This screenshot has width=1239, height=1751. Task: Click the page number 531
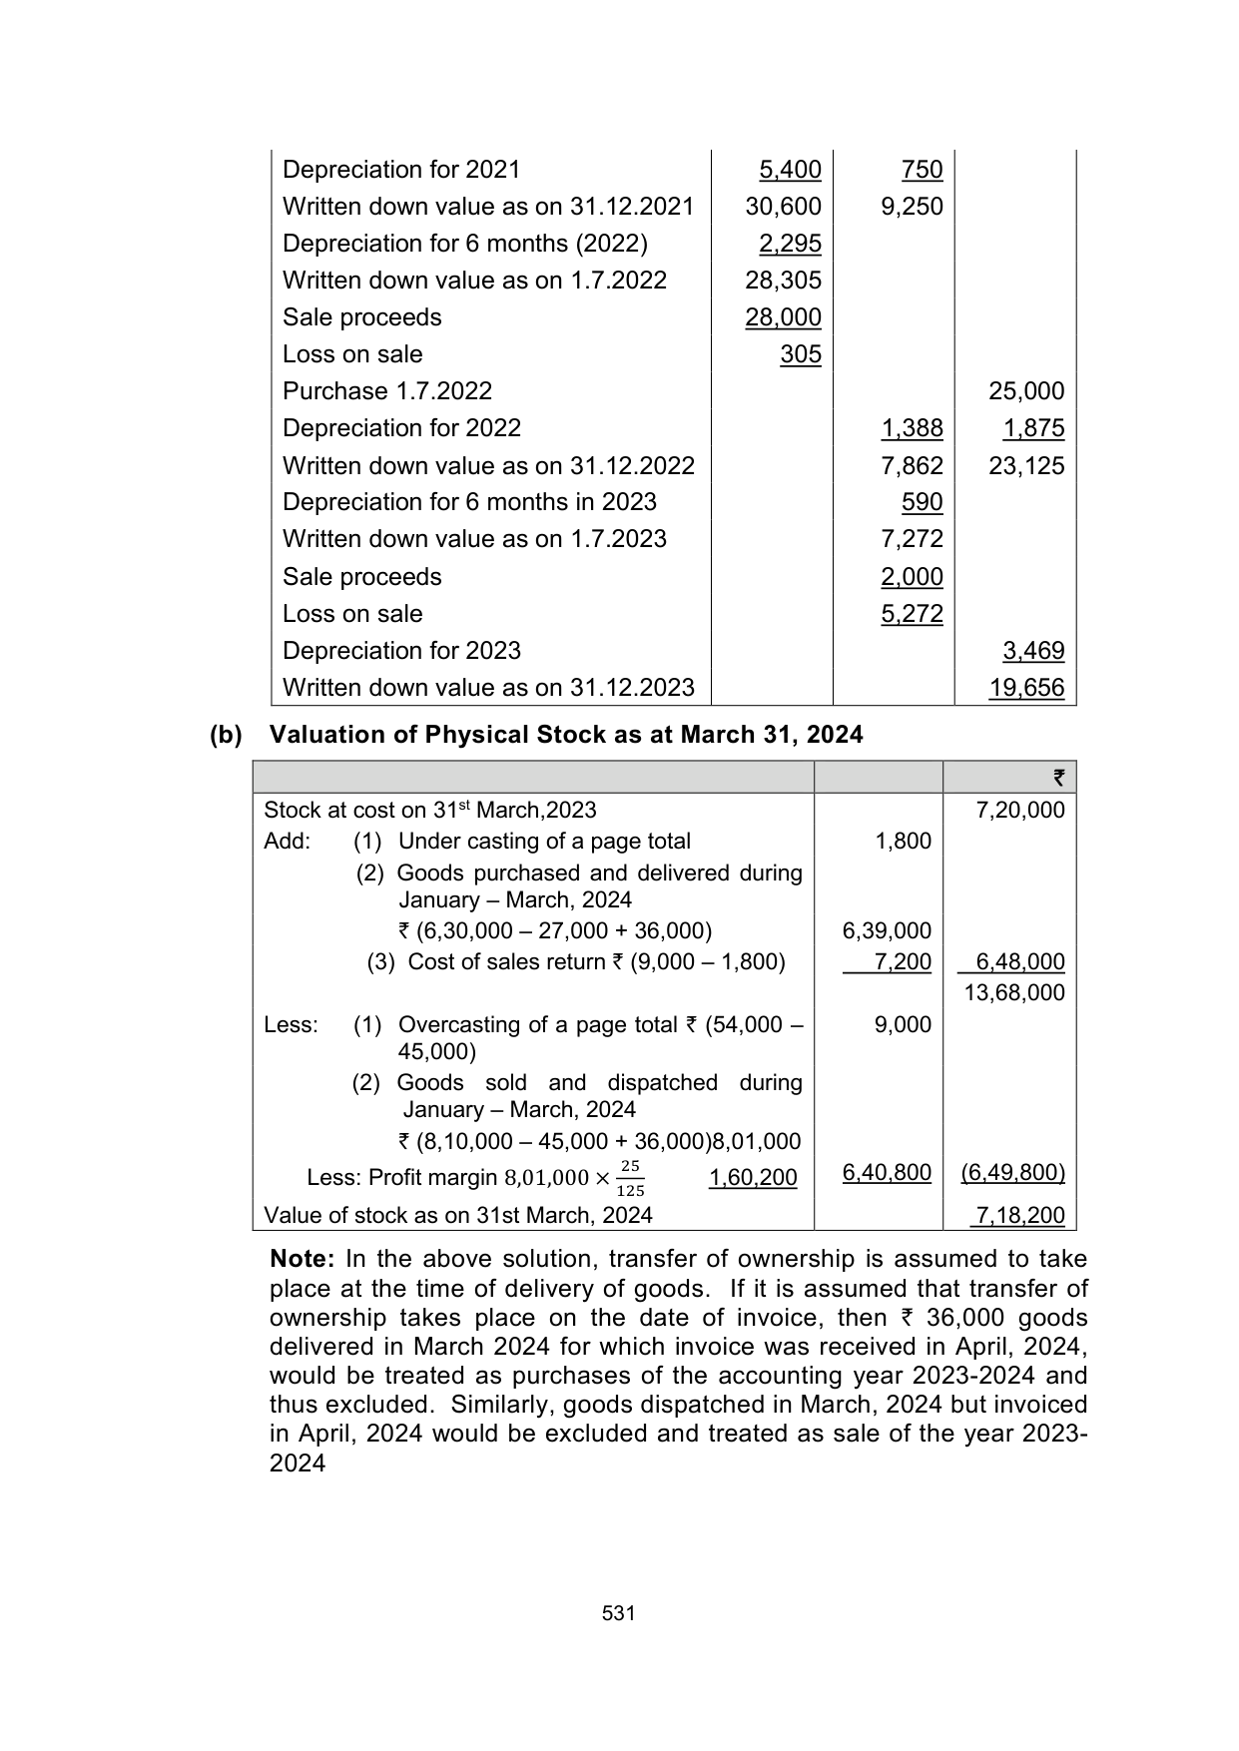pos(619,1613)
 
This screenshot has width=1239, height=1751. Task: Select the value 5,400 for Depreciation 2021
pos(790,170)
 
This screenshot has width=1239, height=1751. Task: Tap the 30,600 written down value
pos(783,207)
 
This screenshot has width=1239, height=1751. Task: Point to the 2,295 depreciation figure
pos(790,244)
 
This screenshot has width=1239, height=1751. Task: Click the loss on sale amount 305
pos(801,354)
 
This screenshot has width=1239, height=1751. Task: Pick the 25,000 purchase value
pos(1026,391)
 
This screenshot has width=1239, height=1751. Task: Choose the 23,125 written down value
pos(1026,466)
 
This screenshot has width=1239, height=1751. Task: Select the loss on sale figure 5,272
pos(912,614)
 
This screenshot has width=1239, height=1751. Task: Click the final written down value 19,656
pos(1026,688)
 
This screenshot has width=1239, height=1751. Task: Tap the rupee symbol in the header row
pos(1058,778)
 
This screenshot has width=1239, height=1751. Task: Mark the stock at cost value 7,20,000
pos(1019,810)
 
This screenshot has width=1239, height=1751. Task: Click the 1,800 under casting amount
pos(903,842)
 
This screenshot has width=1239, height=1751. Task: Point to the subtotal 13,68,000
pos(1014,992)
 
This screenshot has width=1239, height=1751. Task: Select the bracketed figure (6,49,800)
pos(1012,1172)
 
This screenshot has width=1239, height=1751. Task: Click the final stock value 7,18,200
pos(1019,1215)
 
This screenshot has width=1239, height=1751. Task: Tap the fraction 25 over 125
pos(629,1178)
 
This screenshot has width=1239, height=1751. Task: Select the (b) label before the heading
pos(226,735)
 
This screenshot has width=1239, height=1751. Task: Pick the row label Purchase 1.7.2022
pos(387,391)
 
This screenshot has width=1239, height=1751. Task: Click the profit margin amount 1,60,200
pos(753,1178)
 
